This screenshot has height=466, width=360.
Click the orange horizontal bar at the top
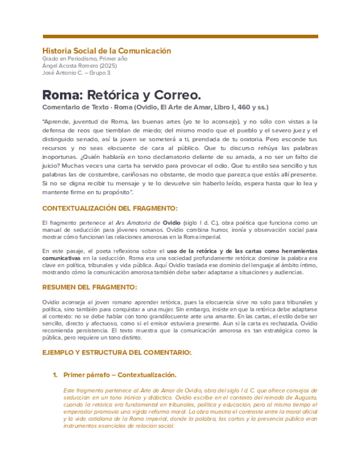point(180,36)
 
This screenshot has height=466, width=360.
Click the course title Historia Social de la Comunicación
point(107,51)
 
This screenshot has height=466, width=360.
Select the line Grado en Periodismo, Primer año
point(85,59)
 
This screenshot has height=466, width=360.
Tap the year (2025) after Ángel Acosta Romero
point(108,65)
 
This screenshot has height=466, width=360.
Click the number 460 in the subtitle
point(238,107)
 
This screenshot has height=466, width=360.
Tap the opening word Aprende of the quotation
point(57,121)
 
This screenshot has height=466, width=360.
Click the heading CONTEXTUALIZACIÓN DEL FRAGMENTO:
point(110,208)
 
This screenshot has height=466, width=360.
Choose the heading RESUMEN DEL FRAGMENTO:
point(90,287)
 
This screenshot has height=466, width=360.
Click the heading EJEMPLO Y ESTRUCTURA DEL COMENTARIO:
point(117,352)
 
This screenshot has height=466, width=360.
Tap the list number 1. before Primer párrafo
point(55,375)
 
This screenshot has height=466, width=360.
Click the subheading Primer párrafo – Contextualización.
point(120,375)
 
